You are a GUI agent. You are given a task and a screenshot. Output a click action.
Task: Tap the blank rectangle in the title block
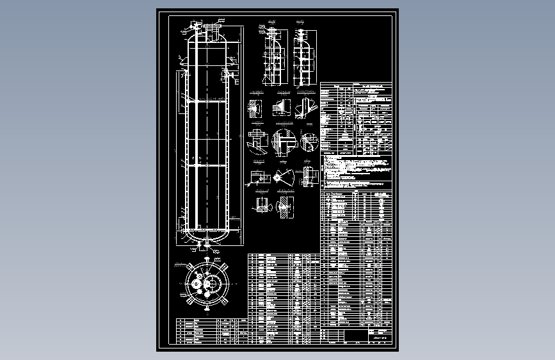click(356, 336)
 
